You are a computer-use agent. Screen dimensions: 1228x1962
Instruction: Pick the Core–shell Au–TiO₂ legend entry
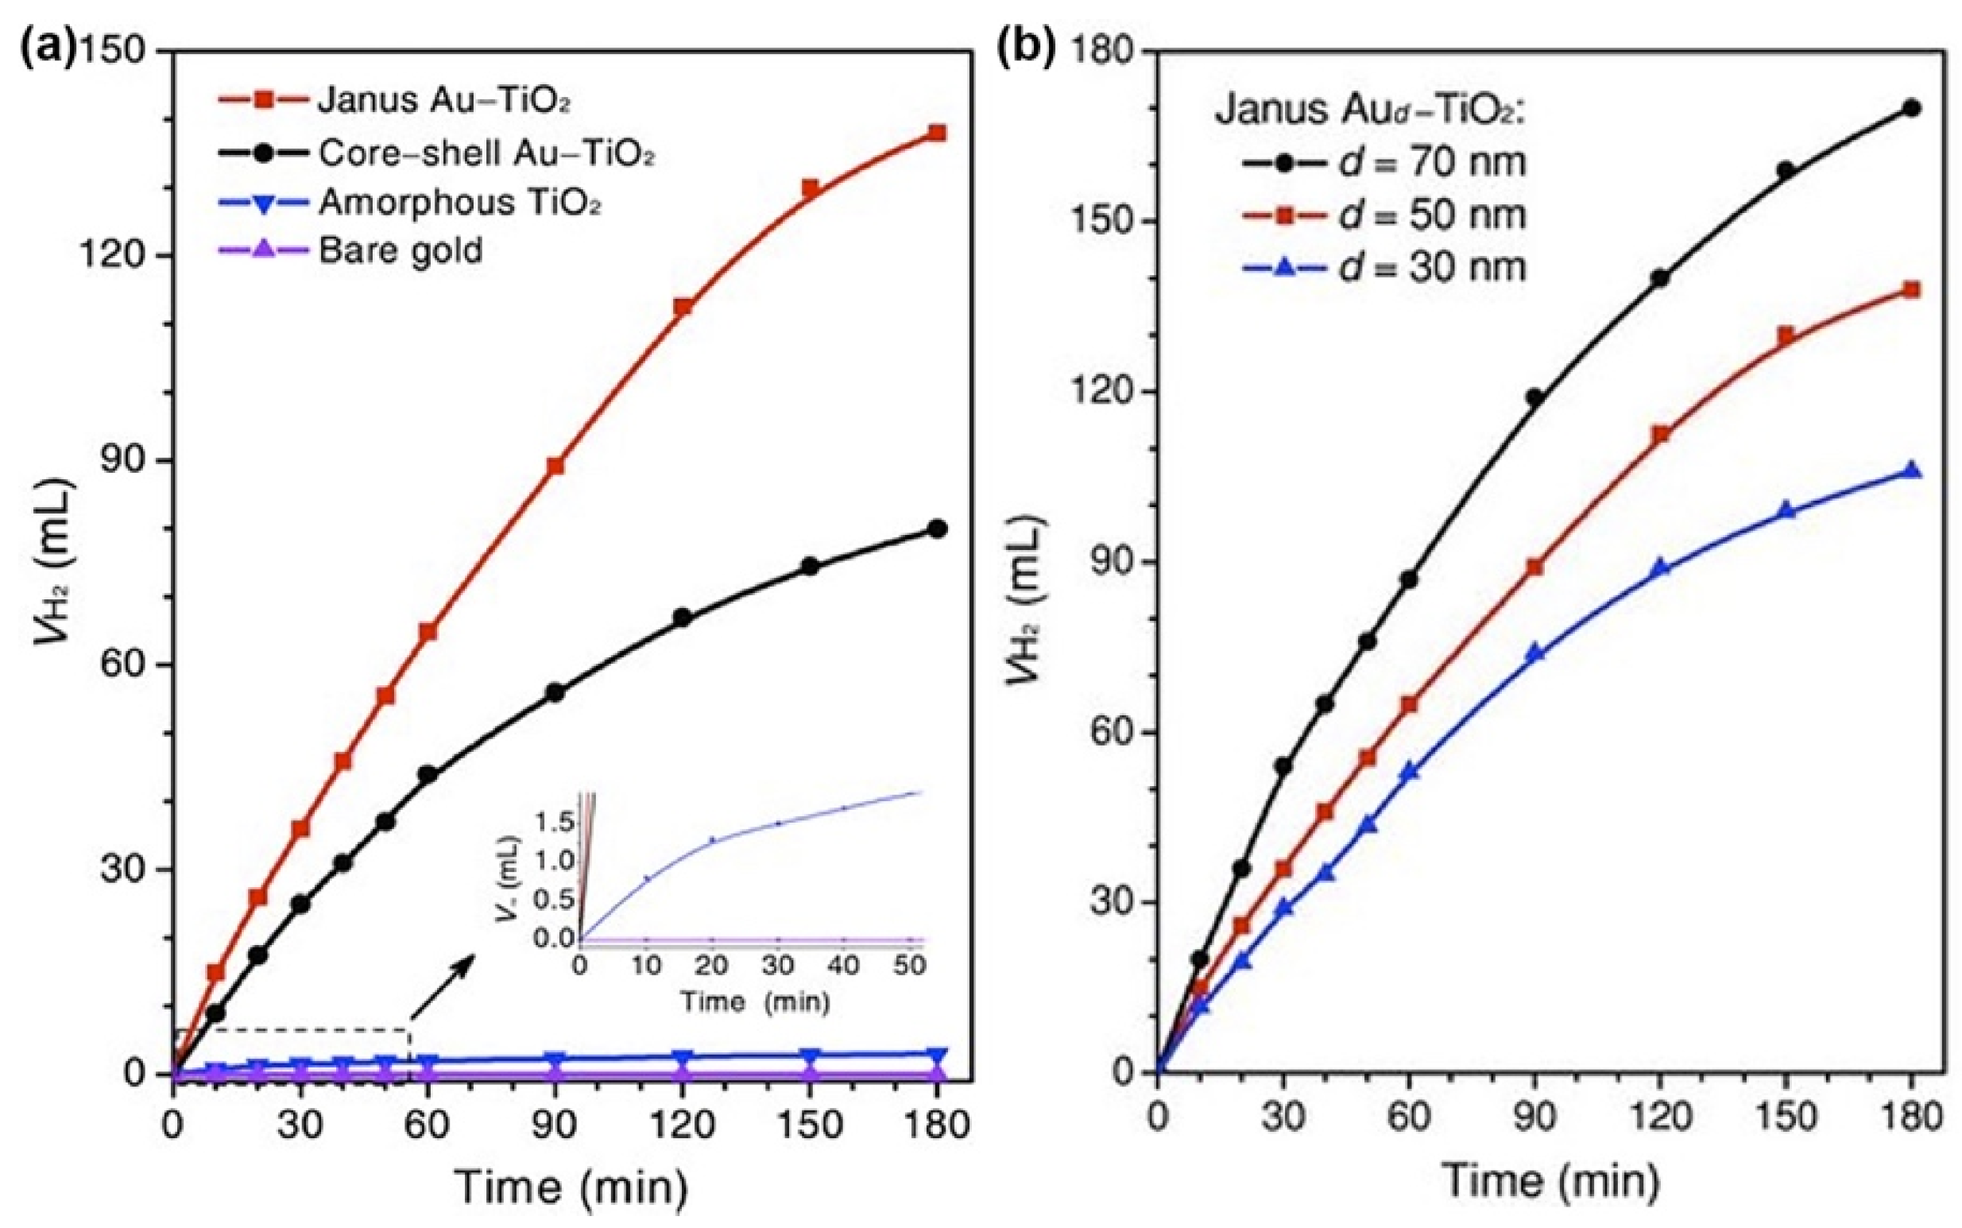point(437,153)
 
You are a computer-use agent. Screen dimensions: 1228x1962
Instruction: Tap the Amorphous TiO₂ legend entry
point(410,201)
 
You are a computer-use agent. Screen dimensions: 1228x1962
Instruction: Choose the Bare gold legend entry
point(350,250)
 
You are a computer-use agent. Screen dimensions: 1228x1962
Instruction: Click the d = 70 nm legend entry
point(1384,162)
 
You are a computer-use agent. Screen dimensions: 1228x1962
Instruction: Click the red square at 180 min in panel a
point(938,134)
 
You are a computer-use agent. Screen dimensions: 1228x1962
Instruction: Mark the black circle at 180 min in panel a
point(938,529)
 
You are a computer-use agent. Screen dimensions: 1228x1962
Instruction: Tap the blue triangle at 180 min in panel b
point(1912,471)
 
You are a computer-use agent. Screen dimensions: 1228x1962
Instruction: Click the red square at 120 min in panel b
point(1660,435)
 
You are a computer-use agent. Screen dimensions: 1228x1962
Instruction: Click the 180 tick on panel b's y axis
point(1100,50)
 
